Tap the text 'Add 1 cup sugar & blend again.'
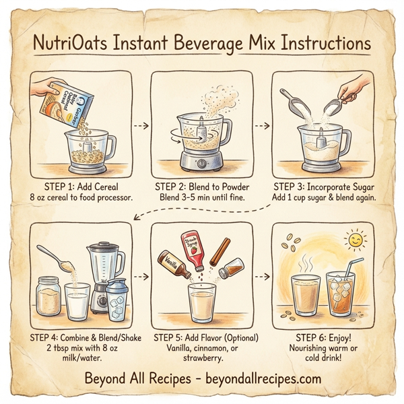click(323, 198)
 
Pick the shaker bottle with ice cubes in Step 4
click(119, 300)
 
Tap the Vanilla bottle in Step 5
click(172, 266)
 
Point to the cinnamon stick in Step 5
click(221, 256)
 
